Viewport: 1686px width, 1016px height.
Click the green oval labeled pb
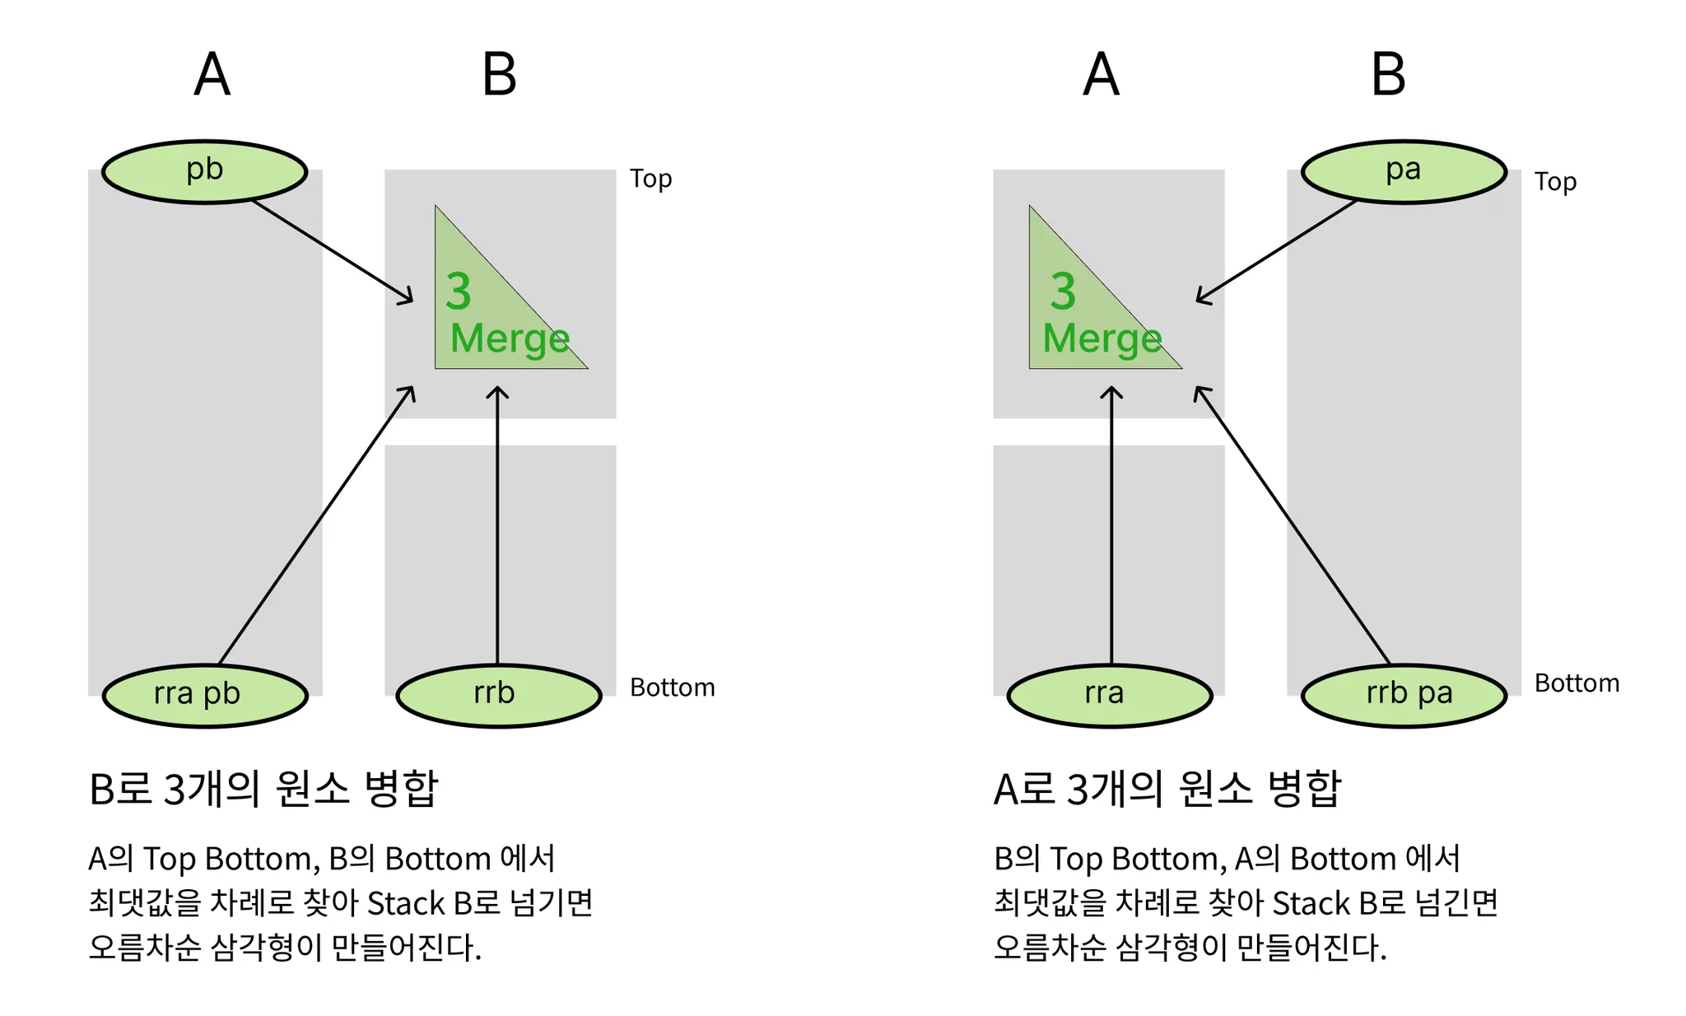pos(204,171)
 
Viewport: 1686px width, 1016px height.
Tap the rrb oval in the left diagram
pos(498,695)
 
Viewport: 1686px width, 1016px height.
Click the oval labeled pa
pos(1404,171)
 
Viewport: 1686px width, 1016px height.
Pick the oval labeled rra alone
pos(1109,695)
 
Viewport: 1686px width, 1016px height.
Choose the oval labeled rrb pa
pos(1404,695)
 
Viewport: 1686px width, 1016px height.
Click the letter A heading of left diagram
pos(212,75)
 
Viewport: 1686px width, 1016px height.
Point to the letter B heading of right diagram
pos(1388,75)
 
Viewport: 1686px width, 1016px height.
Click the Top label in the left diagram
pos(650,179)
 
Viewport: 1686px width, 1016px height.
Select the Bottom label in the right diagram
pos(1577,683)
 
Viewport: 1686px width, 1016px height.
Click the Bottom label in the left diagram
pos(672,687)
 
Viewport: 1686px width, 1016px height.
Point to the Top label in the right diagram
pos(1555,182)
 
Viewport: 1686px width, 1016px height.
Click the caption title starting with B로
pos(263,789)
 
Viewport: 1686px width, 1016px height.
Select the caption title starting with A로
pos(1167,789)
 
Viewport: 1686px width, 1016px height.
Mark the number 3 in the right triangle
pos(1063,291)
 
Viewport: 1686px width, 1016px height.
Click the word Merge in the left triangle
pos(510,339)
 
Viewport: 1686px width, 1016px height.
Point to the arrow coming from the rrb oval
pos(497,527)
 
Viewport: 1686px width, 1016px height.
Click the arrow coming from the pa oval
pos(1276,251)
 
